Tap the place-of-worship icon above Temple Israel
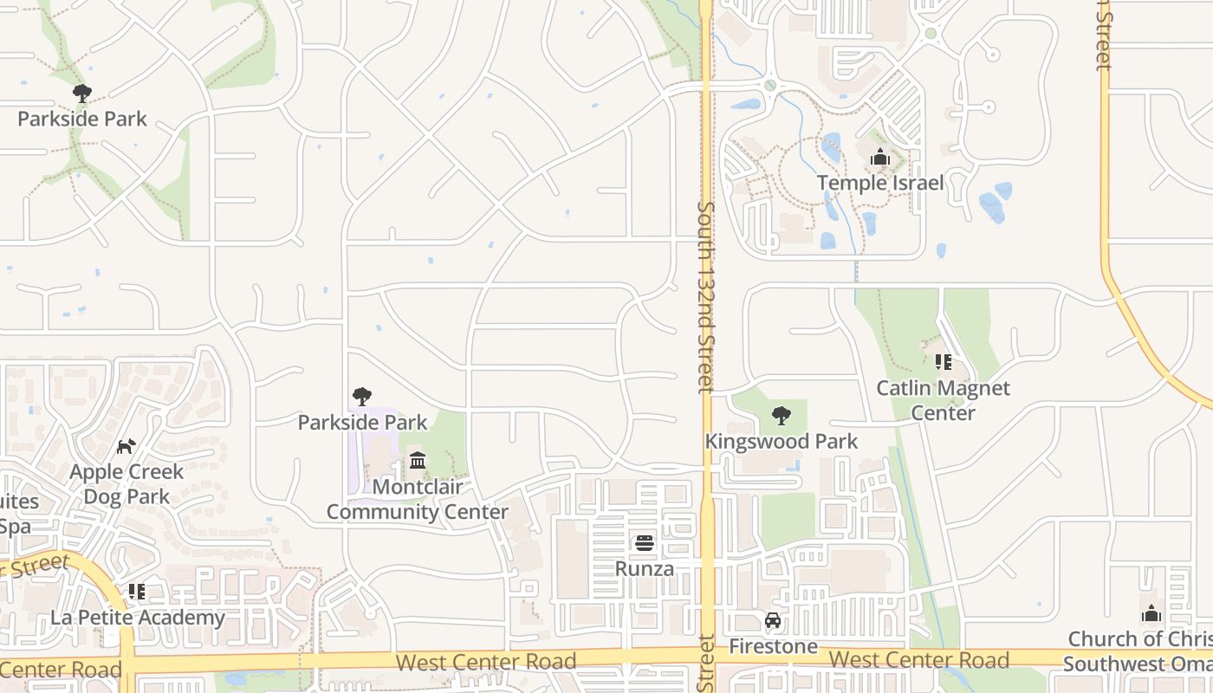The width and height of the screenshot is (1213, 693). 880,158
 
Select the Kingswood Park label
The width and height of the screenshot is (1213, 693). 781,441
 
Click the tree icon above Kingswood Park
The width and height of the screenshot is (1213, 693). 781,416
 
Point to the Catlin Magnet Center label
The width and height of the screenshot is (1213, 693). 943,400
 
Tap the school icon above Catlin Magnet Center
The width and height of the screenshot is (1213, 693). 943,362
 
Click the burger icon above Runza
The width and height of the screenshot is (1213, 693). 645,543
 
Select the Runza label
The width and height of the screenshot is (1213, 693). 645,568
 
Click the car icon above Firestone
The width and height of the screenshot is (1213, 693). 773,620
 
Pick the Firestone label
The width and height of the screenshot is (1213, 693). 773,646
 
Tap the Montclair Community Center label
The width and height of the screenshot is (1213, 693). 418,499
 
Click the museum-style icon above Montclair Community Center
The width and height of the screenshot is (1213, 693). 418,460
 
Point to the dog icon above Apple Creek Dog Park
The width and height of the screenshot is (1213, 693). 126,446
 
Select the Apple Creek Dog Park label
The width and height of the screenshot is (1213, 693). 126,484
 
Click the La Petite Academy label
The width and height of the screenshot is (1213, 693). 137,618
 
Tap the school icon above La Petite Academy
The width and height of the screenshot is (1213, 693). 137,592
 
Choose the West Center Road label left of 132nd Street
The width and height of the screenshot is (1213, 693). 485,662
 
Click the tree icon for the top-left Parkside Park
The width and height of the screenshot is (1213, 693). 82,93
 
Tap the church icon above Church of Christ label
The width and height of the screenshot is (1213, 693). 1151,614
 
